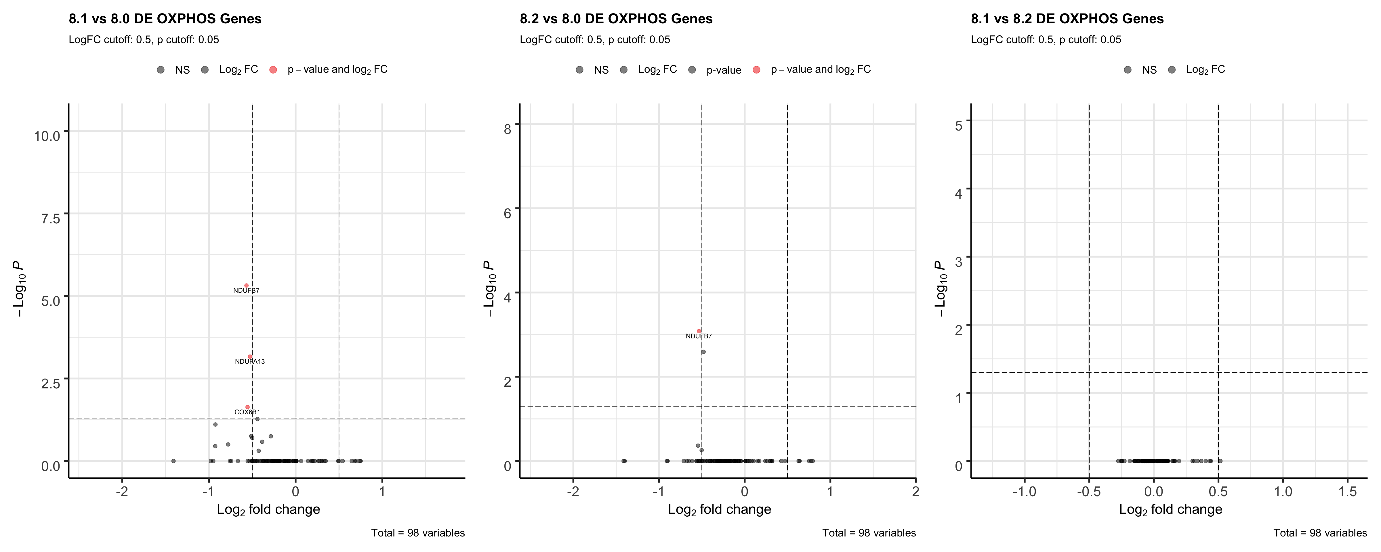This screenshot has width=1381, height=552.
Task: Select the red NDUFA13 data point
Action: pyautogui.click(x=250, y=356)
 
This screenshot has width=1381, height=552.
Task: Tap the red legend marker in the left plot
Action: pyautogui.click(x=273, y=70)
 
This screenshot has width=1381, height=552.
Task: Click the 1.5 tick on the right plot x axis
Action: pyautogui.click(x=1347, y=491)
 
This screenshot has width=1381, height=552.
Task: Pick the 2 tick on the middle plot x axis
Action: pyautogui.click(x=916, y=491)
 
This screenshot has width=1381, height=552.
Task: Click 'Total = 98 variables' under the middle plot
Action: pyautogui.click(x=869, y=533)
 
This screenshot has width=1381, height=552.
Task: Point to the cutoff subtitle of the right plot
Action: pyautogui.click(x=1046, y=40)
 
